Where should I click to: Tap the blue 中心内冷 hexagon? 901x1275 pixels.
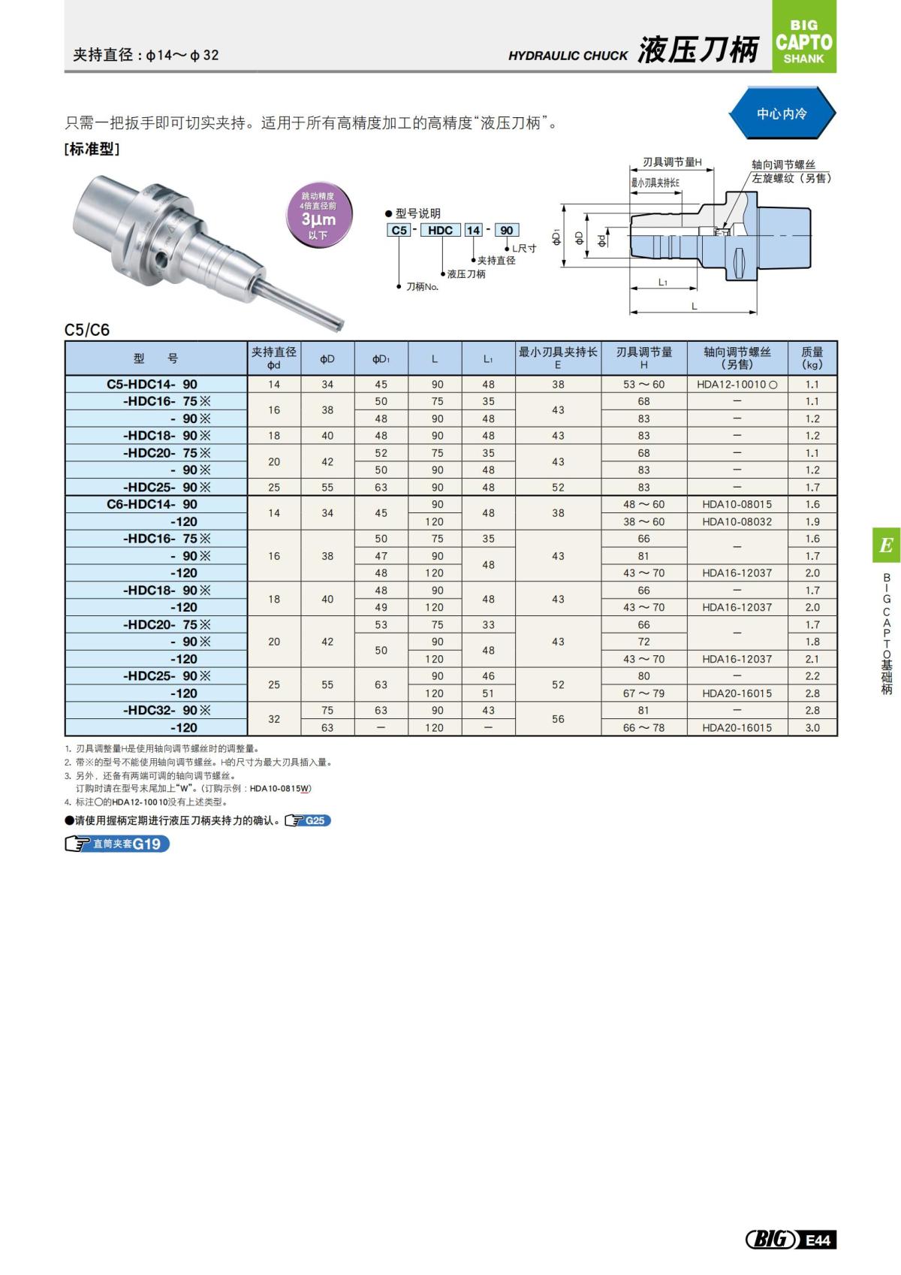point(782,113)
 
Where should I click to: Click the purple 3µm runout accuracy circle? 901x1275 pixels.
point(318,216)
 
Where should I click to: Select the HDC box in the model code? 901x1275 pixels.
point(440,230)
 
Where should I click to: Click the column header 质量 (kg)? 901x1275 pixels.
point(812,358)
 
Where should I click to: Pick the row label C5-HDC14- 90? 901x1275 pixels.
point(152,384)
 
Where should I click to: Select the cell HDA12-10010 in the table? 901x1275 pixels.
point(737,384)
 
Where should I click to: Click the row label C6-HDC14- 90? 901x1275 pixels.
point(152,504)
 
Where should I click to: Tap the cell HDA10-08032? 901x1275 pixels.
point(737,521)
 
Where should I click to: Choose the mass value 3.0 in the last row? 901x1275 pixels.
point(812,727)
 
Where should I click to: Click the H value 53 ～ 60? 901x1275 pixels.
point(643,384)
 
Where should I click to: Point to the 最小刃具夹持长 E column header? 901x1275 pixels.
point(558,358)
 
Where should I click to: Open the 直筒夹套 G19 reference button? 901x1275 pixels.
point(118,844)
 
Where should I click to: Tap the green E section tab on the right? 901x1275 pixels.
point(886,545)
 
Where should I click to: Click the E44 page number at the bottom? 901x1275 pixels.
point(818,1240)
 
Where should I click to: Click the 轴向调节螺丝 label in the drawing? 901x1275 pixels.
point(783,165)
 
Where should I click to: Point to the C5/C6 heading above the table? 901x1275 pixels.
point(87,330)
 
